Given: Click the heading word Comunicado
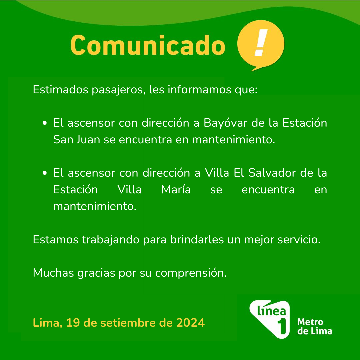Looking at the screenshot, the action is [148, 45].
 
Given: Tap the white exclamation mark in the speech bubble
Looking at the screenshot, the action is [261, 43].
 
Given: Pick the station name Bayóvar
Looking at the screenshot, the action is [226, 123].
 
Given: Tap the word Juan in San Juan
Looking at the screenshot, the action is [88, 139].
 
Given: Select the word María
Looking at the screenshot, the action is [176, 189].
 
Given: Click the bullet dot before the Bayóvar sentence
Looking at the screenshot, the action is [45, 123].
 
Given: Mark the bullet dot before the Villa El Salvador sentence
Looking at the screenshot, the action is [45, 173].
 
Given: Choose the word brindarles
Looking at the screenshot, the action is [197, 239].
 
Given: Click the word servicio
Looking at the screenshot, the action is [299, 239].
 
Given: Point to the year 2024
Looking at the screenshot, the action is [190, 323].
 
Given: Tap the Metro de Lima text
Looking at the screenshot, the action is [315, 326].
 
